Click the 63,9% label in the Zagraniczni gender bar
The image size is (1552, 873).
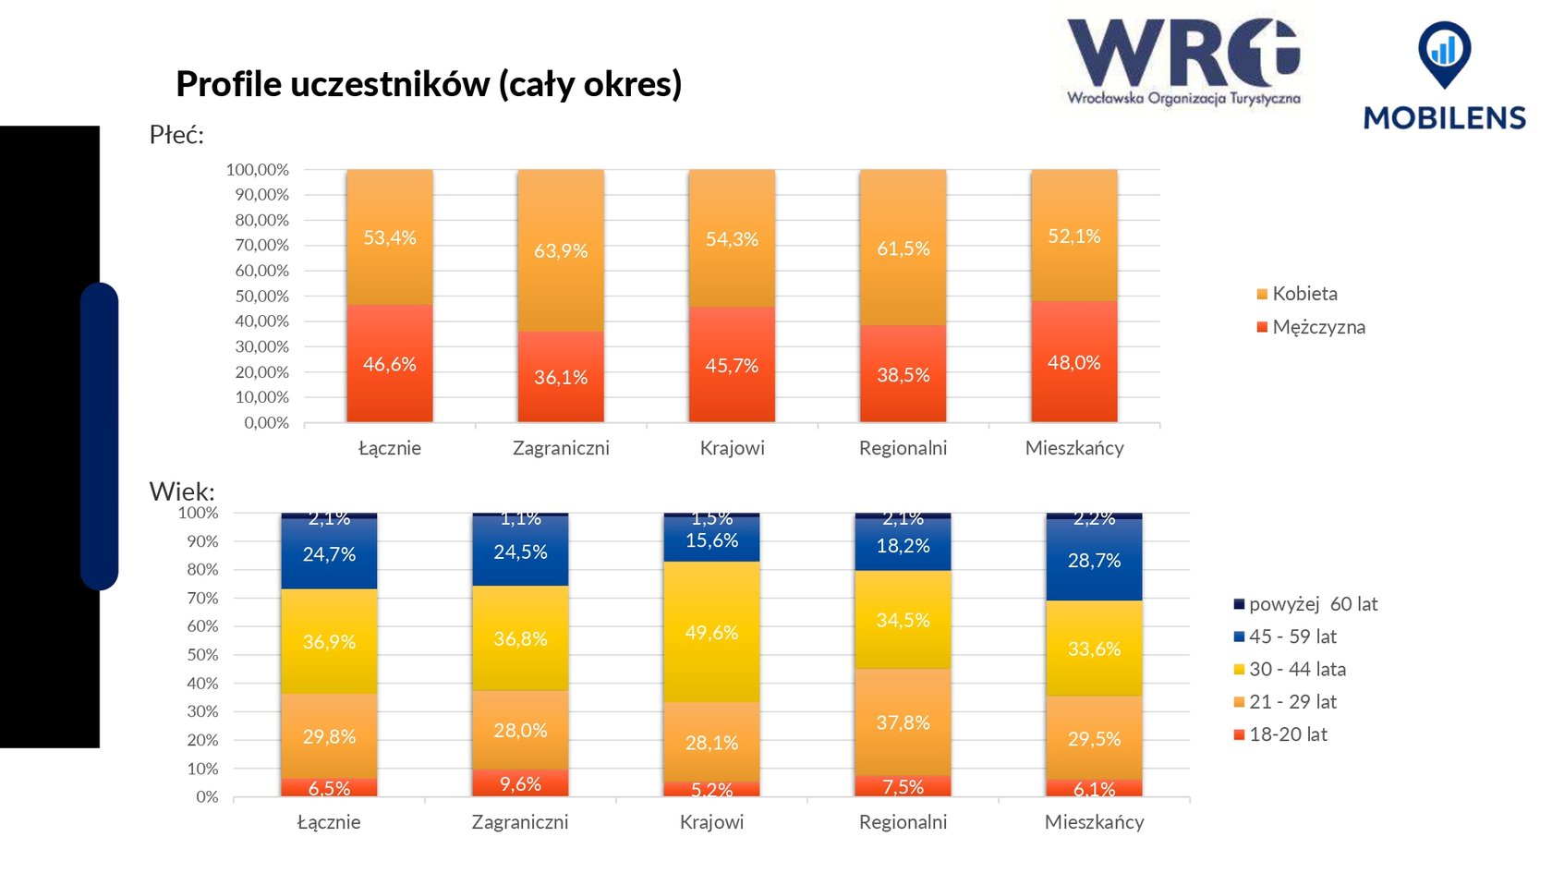point(561,251)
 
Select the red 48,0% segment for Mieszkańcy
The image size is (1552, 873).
point(1073,362)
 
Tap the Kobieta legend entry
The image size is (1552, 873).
point(1303,294)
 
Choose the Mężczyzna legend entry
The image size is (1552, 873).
point(1317,327)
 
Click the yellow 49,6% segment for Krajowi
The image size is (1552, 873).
point(711,633)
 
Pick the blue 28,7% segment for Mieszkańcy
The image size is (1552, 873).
point(1094,561)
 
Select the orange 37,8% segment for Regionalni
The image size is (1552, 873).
point(903,722)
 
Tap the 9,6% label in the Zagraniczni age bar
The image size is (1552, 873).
point(520,784)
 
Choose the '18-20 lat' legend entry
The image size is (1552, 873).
point(1287,734)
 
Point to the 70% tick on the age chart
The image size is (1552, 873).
point(202,599)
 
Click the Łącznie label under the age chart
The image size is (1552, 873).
point(329,822)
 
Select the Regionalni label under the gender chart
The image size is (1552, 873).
point(903,448)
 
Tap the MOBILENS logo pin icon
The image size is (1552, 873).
point(1444,53)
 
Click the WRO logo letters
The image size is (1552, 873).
point(1183,54)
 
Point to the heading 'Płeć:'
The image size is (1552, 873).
point(176,136)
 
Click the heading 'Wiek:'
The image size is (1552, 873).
point(182,491)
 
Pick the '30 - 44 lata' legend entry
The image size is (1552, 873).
point(1296,670)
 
